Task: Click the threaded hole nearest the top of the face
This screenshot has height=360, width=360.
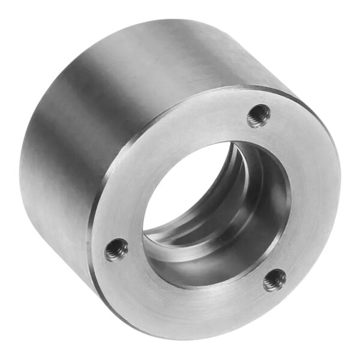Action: (x=259, y=116)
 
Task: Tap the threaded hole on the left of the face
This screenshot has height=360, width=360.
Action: (x=116, y=250)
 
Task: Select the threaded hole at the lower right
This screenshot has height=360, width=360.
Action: (x=275, y=280)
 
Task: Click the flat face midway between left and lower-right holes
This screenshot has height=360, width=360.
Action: (x=192, y=300)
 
